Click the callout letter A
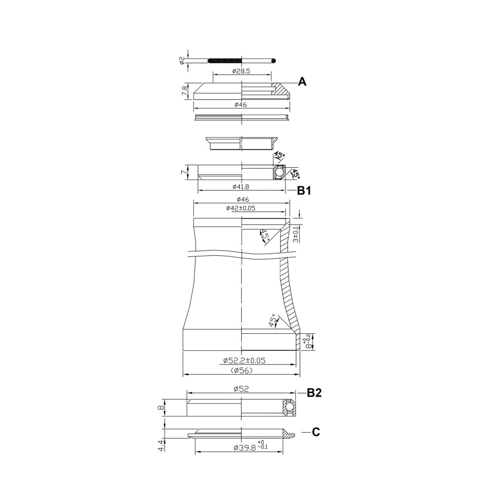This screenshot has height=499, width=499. [x=302, y=82]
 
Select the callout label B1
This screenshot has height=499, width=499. [x=304, y=191]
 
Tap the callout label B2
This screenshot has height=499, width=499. [x=314, y=393]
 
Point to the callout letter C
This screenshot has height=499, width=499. [x=316, y=432]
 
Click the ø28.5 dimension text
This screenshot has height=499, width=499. [x=241, y=71]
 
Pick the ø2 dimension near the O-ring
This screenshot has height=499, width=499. [x=182, y=60]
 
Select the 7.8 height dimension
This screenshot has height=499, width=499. [x=184, y=91]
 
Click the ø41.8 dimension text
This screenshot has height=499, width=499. [x=241, y=187]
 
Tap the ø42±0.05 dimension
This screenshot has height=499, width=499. [x=241, y=208]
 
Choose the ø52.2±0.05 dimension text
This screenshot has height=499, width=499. [x=245, y=361]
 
